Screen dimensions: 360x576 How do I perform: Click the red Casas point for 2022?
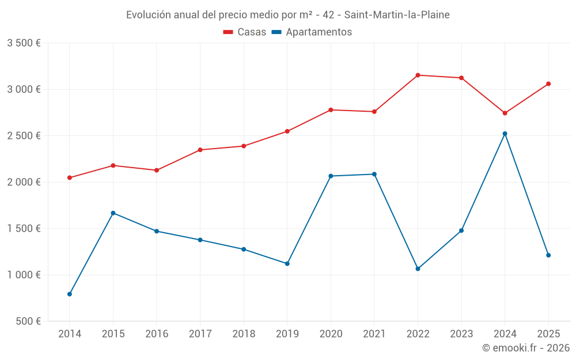tap(418, 75)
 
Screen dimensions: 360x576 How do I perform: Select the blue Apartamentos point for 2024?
tap(505, 134)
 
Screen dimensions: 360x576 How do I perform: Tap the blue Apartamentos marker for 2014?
tap(70, 294)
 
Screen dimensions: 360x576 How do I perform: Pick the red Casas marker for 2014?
tap(70, 178)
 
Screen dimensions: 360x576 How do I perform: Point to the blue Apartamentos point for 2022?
tap(418, 269)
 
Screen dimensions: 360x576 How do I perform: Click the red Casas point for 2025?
tap(548, 84)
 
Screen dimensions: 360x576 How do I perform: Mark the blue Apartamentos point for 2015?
tap(113, 213)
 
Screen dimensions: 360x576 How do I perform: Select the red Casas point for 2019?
tap(287, 131)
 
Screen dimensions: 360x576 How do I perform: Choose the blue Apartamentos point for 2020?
tap(331, 176)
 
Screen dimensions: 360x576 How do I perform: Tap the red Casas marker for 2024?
tap(505, 113)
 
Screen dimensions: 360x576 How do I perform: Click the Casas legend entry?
tap(245, 32)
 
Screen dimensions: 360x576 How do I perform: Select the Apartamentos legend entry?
tap(312, 32)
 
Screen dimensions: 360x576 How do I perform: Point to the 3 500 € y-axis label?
tap(24, 43)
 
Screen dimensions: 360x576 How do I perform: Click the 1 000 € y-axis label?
tap(24, 275)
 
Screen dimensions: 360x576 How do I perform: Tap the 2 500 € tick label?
tap(24, 136)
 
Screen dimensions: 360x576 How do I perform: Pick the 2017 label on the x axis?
tap(200, 334)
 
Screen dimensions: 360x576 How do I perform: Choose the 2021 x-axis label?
tap(374, 334)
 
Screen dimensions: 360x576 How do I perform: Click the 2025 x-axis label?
tap(548, 334)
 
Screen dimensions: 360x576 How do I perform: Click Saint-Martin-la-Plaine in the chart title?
tap(397, 15)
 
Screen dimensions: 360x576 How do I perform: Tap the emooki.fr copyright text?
tap(526, 348)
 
